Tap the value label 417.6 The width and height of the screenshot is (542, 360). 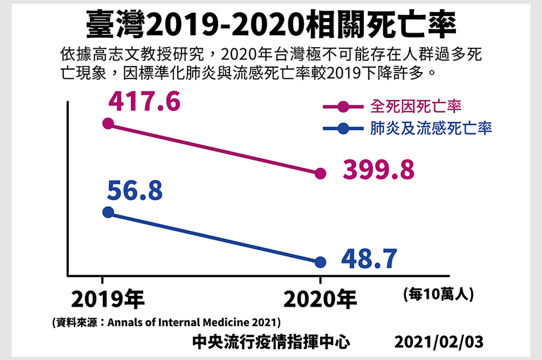[x=144, y=102]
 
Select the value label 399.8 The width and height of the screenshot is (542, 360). [x=378, y=170]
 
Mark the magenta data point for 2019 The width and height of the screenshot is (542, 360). [x=108, y=124]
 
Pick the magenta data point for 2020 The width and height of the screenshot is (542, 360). [x=320, y=173]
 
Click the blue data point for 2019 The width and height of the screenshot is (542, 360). [x=108, y=212]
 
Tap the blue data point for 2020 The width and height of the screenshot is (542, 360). [x=320, y=262]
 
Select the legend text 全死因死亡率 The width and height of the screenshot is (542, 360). [x=415, y=106]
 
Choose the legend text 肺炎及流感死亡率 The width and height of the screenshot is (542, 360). [x=431, y=128]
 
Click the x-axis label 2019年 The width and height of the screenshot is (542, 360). [x=107, y=300]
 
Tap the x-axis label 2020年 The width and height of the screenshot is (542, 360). [x=320, y=300]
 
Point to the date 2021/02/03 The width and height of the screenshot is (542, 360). [x=439, y=342]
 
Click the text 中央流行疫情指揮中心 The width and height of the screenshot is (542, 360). [x=271, y=342]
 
